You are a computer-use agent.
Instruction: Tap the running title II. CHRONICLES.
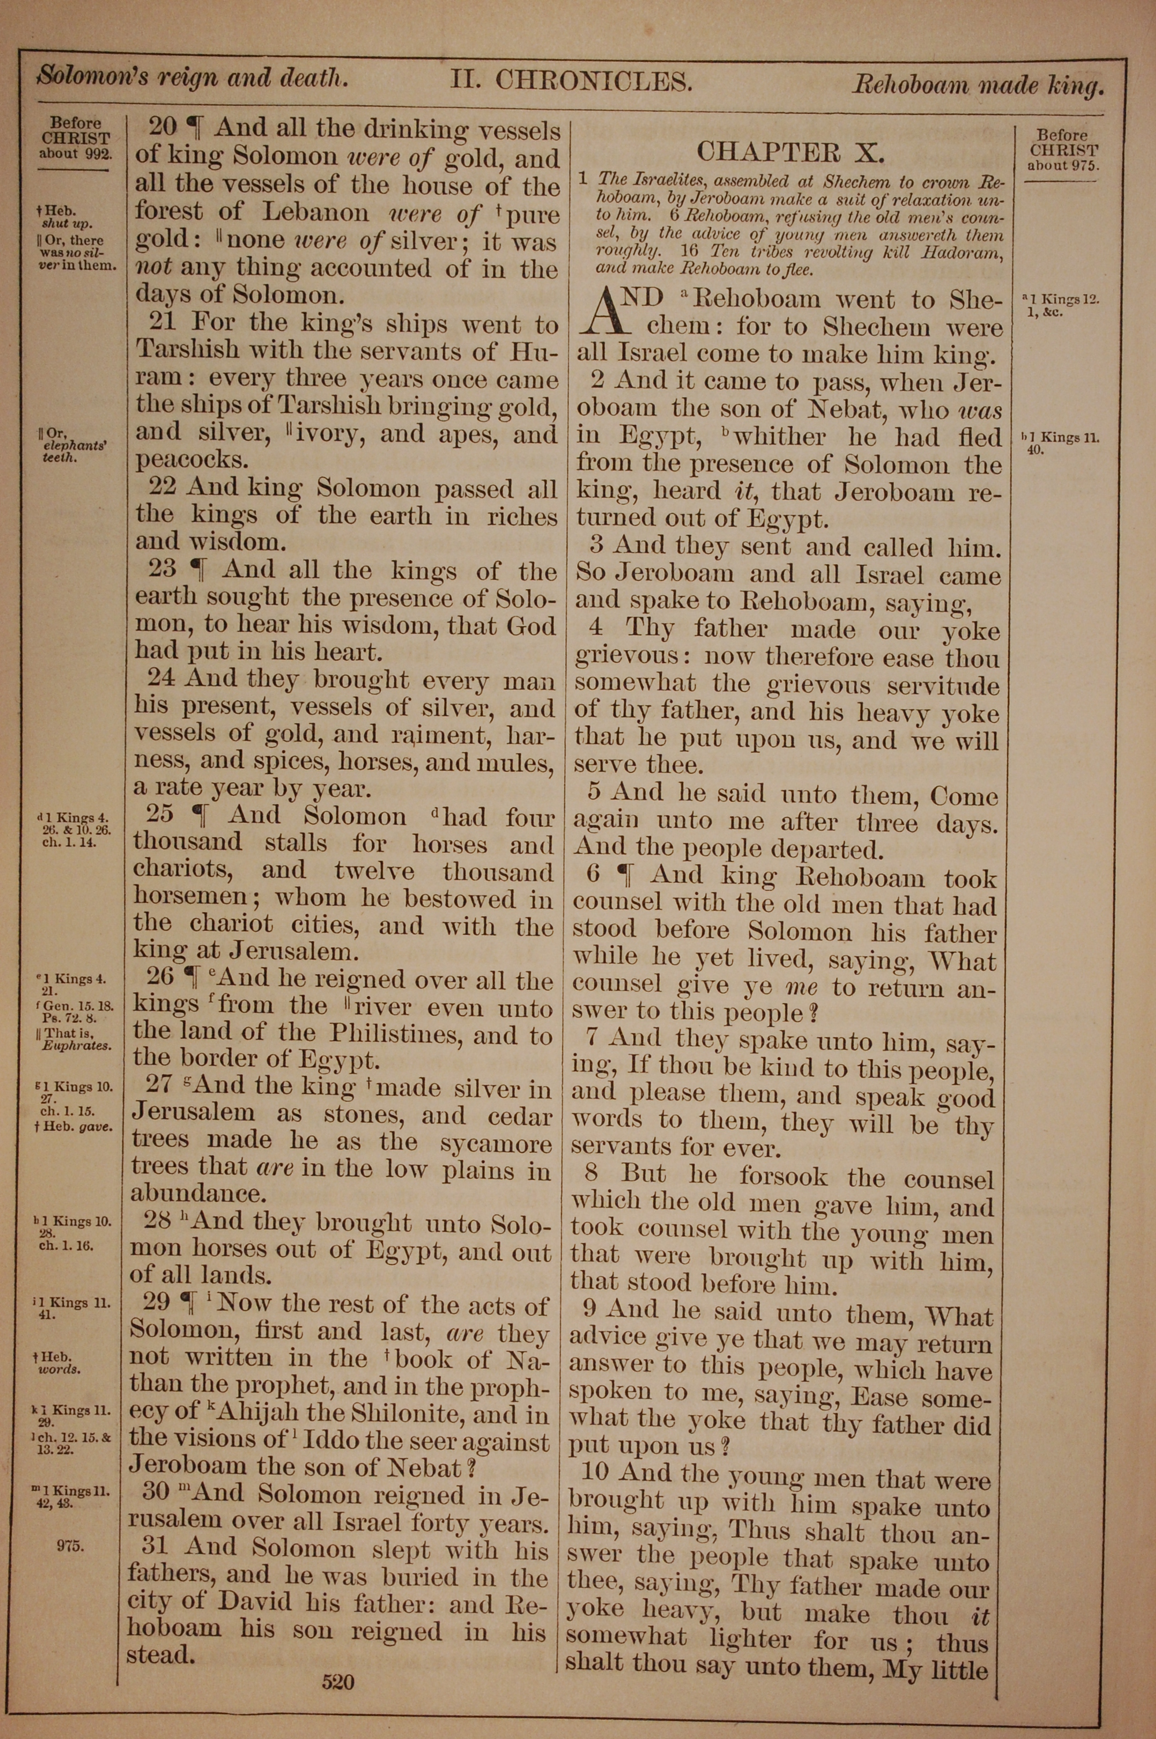coord(572,80)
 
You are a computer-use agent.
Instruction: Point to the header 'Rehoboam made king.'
coord(979,86)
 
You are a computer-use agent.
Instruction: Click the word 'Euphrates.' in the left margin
coord(77,1045)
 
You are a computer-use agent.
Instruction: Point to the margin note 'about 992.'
coord(76,154)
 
